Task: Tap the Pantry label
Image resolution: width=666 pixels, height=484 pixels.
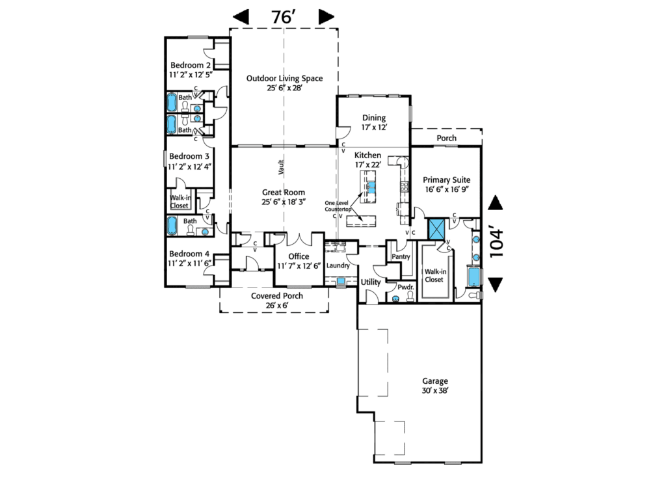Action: click(401, 257)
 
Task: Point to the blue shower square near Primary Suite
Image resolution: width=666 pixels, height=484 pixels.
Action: click(434, 229)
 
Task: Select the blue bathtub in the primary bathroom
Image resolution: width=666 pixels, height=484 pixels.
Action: click(474, 276)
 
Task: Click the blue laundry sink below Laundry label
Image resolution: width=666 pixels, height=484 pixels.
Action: click(340, 281)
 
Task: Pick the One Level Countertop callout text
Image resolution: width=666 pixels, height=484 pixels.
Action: click(337, 208)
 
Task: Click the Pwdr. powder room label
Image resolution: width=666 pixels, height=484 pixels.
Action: click(406, 286)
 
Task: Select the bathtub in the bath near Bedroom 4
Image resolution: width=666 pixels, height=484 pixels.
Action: click(172, 226)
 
